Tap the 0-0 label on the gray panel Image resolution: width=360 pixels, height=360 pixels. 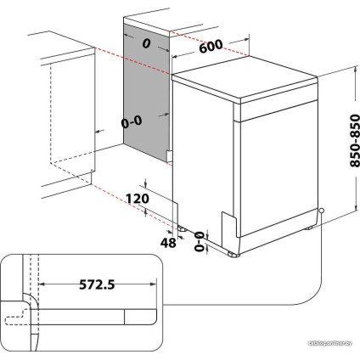pos(132,122)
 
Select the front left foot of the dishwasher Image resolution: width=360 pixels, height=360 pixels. pos(233,252)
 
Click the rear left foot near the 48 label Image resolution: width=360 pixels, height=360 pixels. pos(182,228)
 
